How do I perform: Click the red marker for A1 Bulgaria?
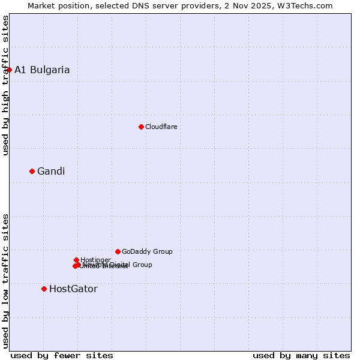click(9, 70)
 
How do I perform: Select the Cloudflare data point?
click(141, 127)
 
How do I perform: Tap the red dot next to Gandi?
click(32, 171)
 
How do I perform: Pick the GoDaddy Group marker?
click(118, 251)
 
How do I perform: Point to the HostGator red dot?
click(44, 289)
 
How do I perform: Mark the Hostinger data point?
click(76, 260)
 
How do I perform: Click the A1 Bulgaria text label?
click(42, 70)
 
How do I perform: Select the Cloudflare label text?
click(161, 127)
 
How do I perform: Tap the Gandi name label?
click(51, 171)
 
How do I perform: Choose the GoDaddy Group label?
click(147, 251)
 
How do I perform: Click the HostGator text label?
click(73, 289)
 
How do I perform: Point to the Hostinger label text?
click(95, 260)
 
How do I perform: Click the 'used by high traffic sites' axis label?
click(5, 85)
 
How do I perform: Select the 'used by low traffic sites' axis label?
click(5, 280)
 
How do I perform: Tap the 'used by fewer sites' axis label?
click(62, 355)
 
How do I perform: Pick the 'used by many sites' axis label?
click(301, 355)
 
